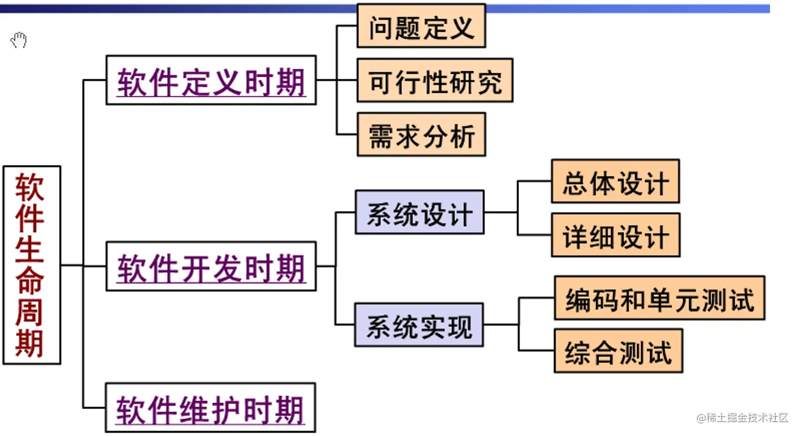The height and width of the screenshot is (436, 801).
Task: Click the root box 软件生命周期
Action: coord(32,265)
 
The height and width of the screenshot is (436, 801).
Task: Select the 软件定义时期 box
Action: coord(211,80)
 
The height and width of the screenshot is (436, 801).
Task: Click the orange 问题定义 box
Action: coord(421,26)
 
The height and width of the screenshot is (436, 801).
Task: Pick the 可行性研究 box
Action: coord(434,80)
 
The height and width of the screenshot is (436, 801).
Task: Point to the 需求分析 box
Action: coord(421,135)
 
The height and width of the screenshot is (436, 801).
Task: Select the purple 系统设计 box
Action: coord(419,212)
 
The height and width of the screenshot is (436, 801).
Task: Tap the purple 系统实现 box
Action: coord(419,324)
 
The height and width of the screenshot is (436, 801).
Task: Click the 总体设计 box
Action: coord(615,182)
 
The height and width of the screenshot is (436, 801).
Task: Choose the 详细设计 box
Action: coord(615,235)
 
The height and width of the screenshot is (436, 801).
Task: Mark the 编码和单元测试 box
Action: coord(659,298)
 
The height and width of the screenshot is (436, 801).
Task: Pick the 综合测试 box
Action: coord(618,351)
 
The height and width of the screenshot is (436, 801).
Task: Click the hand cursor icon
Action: coord(19,40)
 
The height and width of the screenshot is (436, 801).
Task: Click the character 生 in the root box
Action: coord(30,251)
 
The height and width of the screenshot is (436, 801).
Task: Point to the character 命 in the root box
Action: coord(30,282)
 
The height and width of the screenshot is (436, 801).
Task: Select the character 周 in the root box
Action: coord(30,313)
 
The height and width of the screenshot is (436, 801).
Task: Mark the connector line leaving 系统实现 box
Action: coord(500,324)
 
